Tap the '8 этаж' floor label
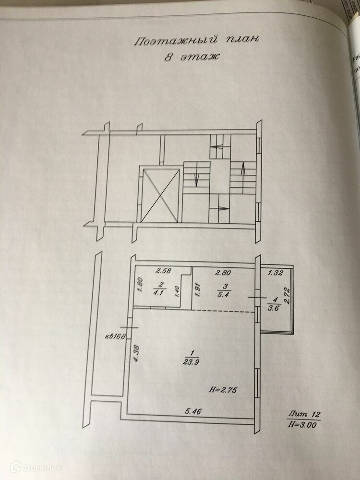[x=191, y=57]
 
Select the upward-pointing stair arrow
[x=243, y=169]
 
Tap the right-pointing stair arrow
[x=223, y=208]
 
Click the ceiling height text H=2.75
[x=224, y=389]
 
